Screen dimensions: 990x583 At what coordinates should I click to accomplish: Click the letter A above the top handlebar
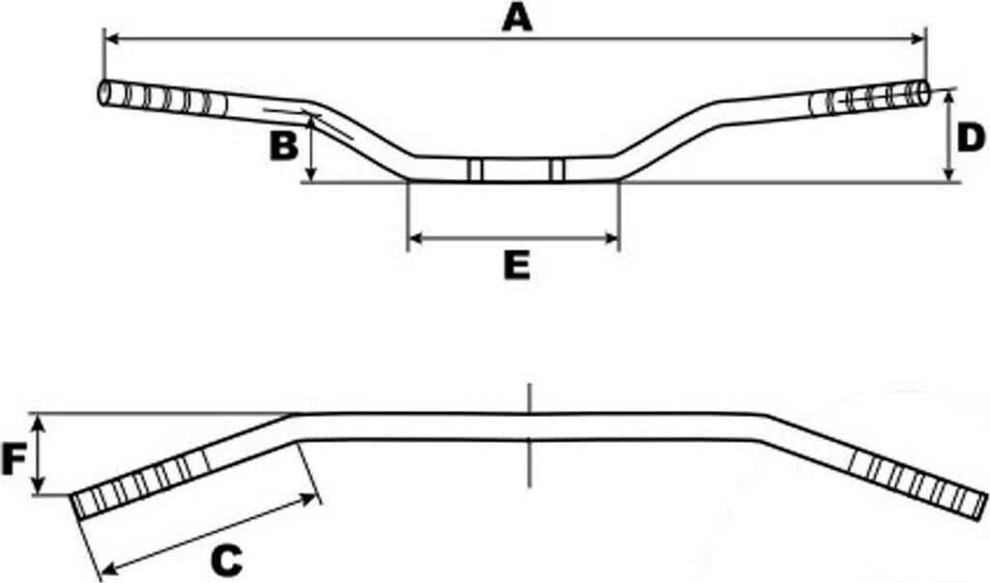(x=516, y=17)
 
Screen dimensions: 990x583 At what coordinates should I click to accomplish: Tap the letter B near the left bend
(x=283, y=146)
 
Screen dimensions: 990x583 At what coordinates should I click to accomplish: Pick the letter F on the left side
(x=13, y=461)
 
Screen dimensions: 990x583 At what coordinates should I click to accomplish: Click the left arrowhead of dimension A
(x=109, y=39)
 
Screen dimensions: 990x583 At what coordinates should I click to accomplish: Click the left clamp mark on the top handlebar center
(x=475, y=169)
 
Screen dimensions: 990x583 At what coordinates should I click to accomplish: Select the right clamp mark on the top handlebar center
(x=556, y=169)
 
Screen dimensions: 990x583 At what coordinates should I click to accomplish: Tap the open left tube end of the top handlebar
(x=104, y=94)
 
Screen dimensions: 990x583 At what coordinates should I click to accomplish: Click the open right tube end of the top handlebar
(x=924, y=93)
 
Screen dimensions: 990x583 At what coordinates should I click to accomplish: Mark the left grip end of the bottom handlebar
(x=78, y=505)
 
